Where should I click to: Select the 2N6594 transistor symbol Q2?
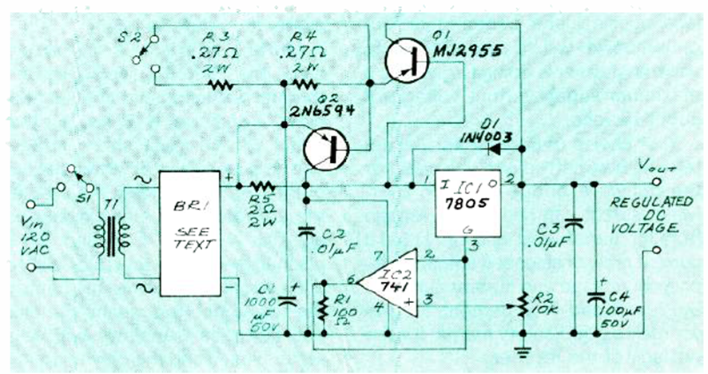326,149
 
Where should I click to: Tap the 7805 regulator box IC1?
467,203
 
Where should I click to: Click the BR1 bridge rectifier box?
189,233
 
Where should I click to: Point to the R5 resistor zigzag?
259,185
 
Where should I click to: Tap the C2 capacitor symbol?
306,232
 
